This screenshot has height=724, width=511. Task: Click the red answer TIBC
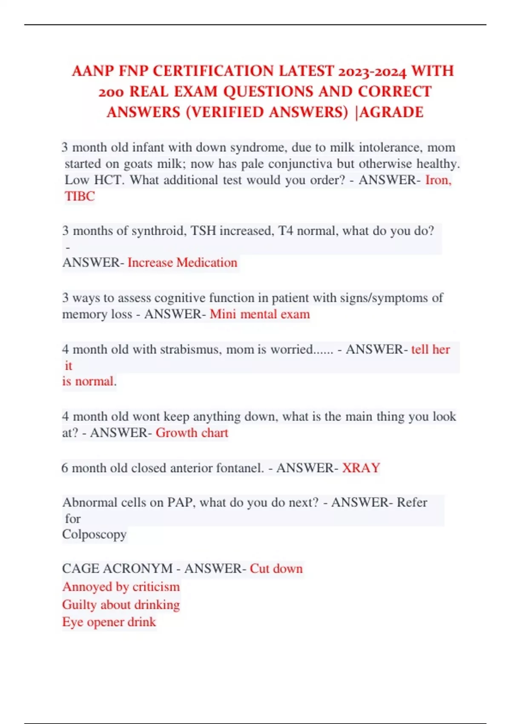[x=80, y=196]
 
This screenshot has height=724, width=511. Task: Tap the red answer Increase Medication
[x=182, y=262]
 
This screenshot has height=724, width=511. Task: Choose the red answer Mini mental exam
[x=260, y=314]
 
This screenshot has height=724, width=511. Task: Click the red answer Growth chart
[x=192, y=433]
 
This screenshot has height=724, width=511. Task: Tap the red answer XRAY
[x=361, y=468]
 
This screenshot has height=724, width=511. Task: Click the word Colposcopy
[x=95, y=534]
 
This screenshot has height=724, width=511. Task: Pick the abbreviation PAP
[x=180, y=503]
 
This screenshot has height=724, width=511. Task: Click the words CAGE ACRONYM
[x=117, y=569]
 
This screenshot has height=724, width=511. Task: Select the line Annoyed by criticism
[x=121, y=587]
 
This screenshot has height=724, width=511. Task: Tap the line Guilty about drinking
[x=121, y=605]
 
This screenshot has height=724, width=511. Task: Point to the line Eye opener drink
[x=109, y=622]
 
